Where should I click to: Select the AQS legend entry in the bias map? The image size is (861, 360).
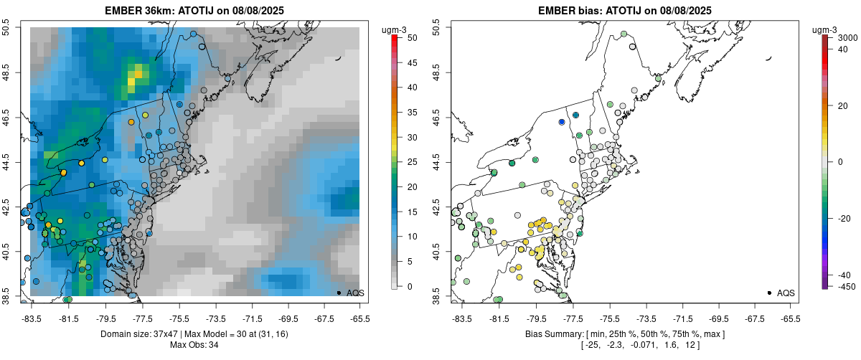pyautogui.click(x=780, y=293)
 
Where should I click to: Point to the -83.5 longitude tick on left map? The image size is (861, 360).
pyautogui.click(x=31, y=318)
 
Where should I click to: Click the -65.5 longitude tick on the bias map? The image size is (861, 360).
pyautogui.click(x=790, y=318)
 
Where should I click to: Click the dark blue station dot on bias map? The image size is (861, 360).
pyautogui.click(x=563, y=122)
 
